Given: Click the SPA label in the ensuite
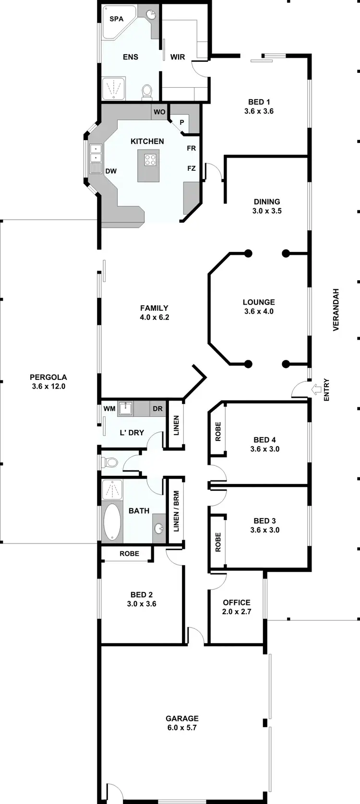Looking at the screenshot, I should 116,19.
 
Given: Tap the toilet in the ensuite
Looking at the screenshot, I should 147,91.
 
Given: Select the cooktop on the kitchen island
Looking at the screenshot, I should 150,159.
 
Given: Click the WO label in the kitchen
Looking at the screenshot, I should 159,112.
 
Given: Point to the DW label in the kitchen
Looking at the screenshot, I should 111,171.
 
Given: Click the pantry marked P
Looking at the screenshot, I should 182,122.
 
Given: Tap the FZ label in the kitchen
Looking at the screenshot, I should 192,168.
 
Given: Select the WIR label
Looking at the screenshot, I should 178,57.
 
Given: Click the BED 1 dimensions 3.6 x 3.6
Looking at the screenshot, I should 259,111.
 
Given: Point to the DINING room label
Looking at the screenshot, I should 267,201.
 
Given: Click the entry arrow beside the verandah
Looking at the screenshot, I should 316,389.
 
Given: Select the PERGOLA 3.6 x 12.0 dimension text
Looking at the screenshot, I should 48,386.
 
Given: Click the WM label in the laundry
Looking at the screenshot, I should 109,409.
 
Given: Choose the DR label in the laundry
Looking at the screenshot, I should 157,409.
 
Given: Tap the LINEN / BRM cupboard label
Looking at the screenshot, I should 176,511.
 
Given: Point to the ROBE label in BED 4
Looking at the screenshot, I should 218,431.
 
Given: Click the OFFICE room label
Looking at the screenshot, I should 237,603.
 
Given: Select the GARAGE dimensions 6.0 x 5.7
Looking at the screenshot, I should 182,728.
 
